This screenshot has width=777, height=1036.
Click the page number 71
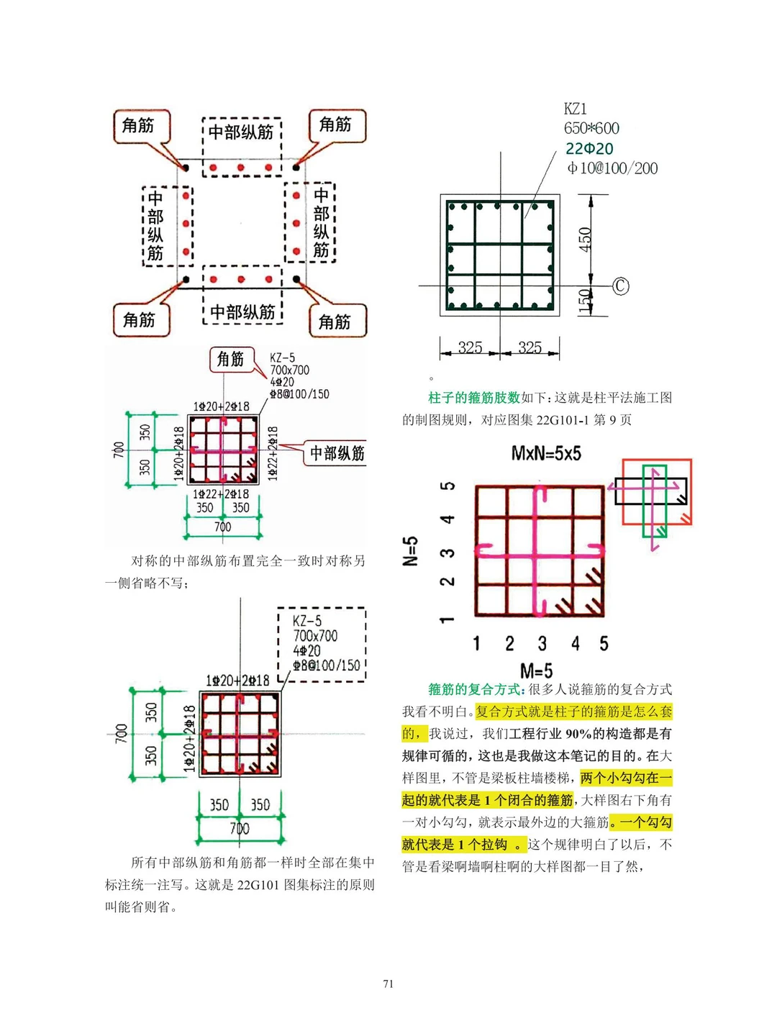pos(388,983)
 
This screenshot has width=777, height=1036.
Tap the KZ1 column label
pos(576,109)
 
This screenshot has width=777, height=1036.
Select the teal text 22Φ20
pos(589,148)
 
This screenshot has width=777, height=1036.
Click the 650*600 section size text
pos(591,128)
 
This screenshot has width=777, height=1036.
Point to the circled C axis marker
pos(620,286)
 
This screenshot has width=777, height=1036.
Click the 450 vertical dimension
pos(585,239)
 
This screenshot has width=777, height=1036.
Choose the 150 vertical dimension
pos(584,301)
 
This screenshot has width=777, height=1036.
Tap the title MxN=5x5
pos(546,453)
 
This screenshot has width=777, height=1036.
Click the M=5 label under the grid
pos(536,671)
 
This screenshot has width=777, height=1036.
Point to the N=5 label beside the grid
pos(410,551)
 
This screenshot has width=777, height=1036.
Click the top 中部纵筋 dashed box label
pos(241,132)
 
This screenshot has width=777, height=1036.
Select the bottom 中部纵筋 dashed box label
pos(242,312)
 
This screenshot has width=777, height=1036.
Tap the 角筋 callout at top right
pos(335,124)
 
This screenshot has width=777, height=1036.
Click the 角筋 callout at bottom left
pos(139,319)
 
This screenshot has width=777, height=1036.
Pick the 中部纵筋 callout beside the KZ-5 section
pos(337,453)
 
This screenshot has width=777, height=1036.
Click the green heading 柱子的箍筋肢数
pos(473,397)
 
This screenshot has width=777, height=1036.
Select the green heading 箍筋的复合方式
pos(476,689)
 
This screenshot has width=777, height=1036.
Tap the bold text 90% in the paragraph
pos(578,734)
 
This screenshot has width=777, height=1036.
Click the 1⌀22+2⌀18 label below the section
pos(220,494)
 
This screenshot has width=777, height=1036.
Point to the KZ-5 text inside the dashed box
pos(307,621)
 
